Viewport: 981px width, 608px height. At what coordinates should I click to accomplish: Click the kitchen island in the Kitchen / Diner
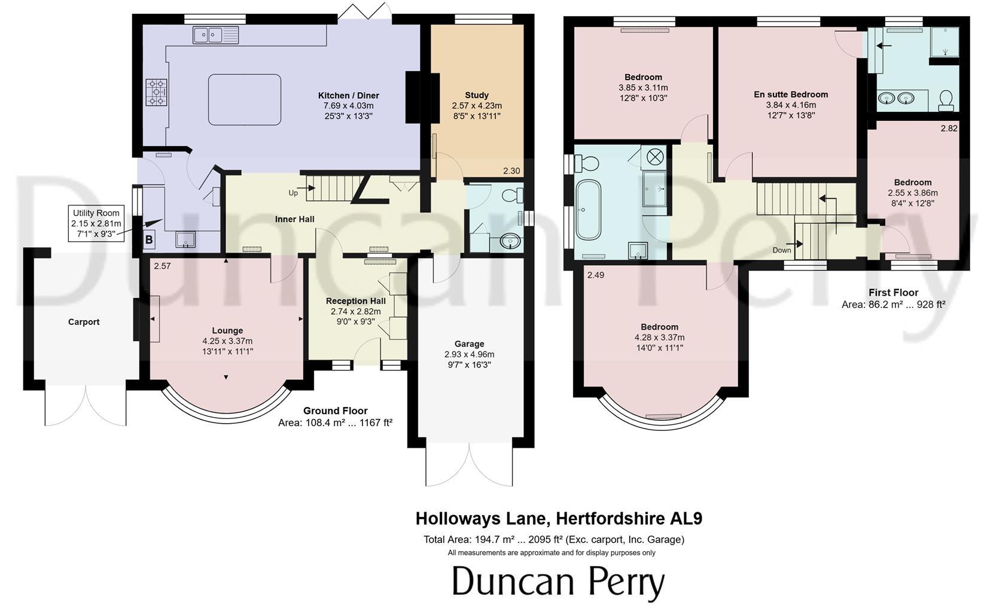pyautogui.click(x=244, y=99)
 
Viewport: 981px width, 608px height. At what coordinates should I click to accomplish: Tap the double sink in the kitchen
pyautogui.click(x=215, y=35)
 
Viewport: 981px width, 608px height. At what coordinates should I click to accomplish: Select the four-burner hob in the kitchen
pyautogui.click(x=157, y=93)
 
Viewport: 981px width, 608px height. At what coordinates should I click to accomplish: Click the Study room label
pyautogui.click(x=476, y=95)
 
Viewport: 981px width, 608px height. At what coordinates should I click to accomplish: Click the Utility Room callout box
pyautogui.click(x=96, y=224)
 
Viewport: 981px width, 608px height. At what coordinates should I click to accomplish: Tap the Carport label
pyautogui.click(x=84, y=322)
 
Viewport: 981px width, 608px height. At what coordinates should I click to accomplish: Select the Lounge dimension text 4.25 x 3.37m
pyautogui.click(x=227, y=341)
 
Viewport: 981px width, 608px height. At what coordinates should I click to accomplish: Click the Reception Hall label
pyautogui.click(x=355, y=301)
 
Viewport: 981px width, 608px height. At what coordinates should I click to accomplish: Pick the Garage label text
pyautogui.click(x=469, y=344)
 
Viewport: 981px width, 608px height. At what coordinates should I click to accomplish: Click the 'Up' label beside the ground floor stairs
pyautogui.click(x=293, y=193)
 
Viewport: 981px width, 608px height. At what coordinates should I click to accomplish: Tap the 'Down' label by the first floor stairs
pyautogui.click(x=781, y=250)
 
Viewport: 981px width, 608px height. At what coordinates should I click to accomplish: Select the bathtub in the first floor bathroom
pyautogui.click(x=587, y=209)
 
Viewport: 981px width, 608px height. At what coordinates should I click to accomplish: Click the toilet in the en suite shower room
pyautogui.click(x=946, y=100)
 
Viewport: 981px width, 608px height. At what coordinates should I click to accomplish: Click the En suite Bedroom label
pyautogui.click(x=791, y=95)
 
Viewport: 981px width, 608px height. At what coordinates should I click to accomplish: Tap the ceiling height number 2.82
pyautogui.click(x=949, y=129)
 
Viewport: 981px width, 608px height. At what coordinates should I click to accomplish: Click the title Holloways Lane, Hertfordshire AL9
pyautogui.click(x=559, y=518)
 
